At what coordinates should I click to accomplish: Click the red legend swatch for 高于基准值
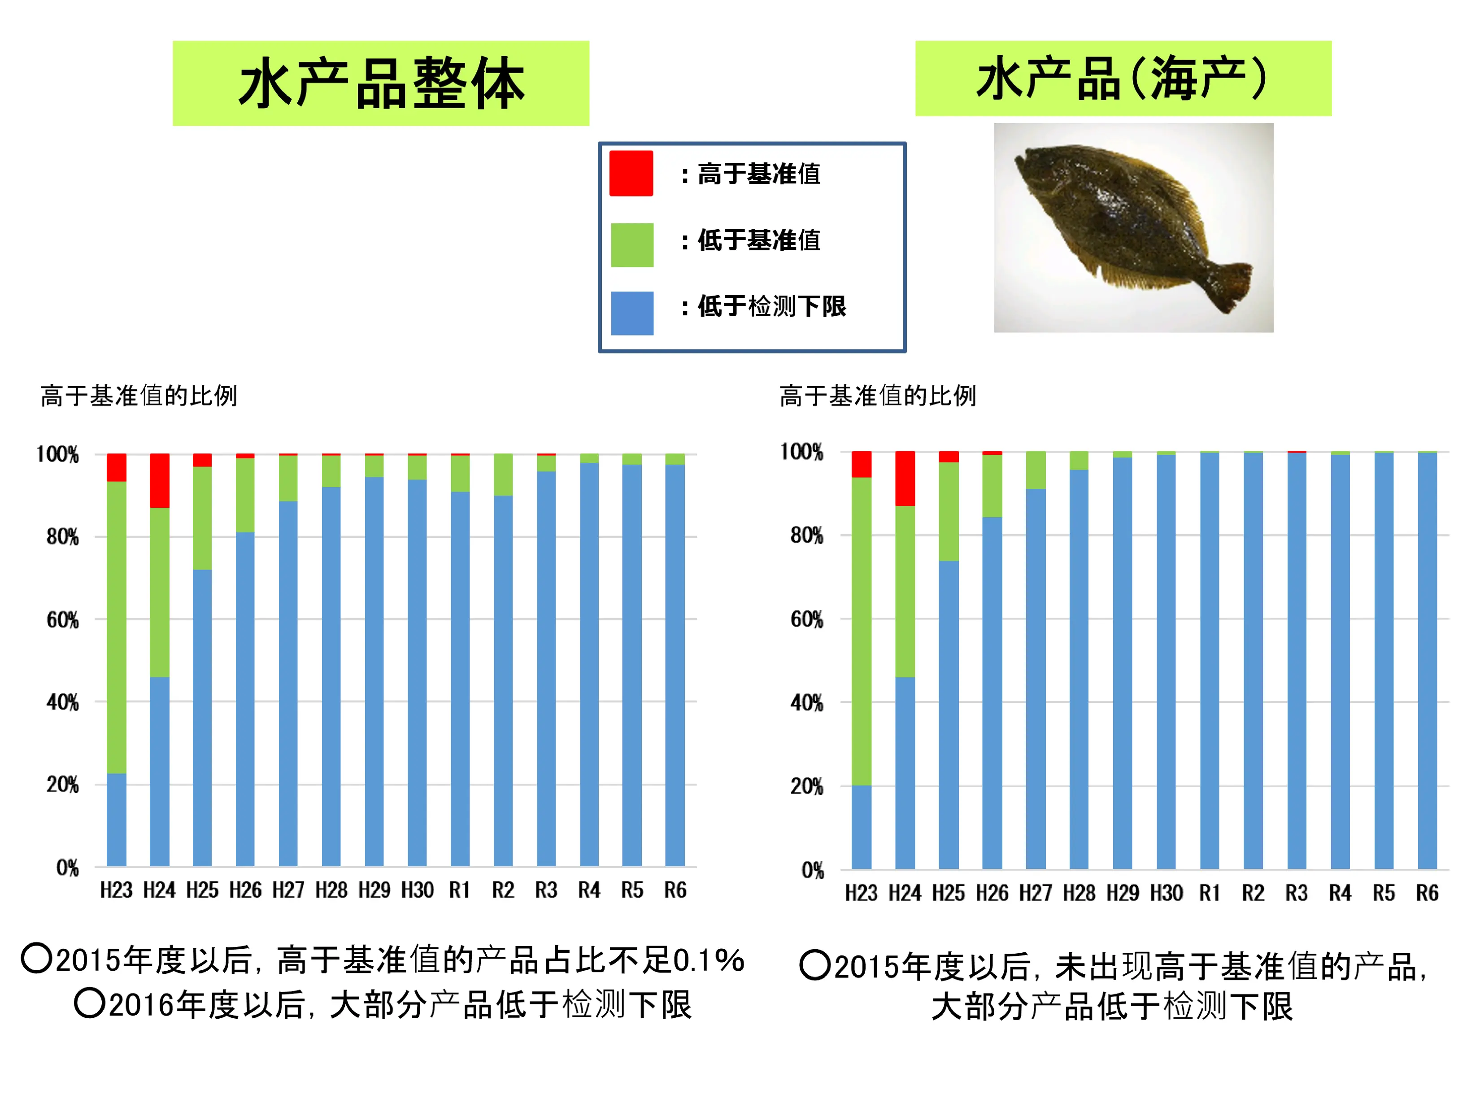[631, 174]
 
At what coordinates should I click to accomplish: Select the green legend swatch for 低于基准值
[631, 245]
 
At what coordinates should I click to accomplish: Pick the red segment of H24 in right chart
[905, 478]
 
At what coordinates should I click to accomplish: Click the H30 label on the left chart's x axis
[417, 890]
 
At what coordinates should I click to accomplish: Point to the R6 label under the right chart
[1427, 893]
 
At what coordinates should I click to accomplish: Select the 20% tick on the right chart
[806, 786]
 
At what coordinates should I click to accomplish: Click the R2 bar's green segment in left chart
[503, 474]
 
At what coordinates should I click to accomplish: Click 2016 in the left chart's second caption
[142, 1004]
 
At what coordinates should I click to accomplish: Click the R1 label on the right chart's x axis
[1209, 893]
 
